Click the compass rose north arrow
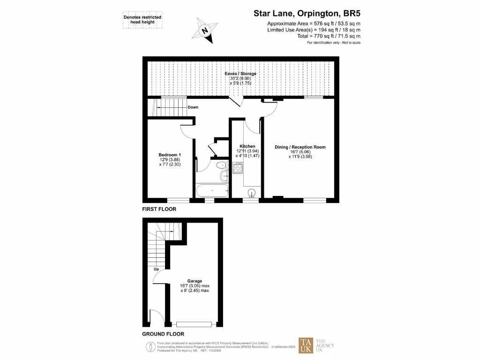(204, 29)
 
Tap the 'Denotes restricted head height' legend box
(142, 20)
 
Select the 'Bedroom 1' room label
(170, 155)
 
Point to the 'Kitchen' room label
(247, 146)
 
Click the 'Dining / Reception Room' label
(300, 147)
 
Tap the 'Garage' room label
(195, 281)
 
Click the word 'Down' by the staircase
(193, 107)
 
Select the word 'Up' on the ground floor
(156, 270)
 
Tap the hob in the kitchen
(237, 167)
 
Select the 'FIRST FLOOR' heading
(159, 209)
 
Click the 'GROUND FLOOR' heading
(163, 334)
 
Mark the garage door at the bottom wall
(194, 324)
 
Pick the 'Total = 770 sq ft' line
(329, 36)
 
